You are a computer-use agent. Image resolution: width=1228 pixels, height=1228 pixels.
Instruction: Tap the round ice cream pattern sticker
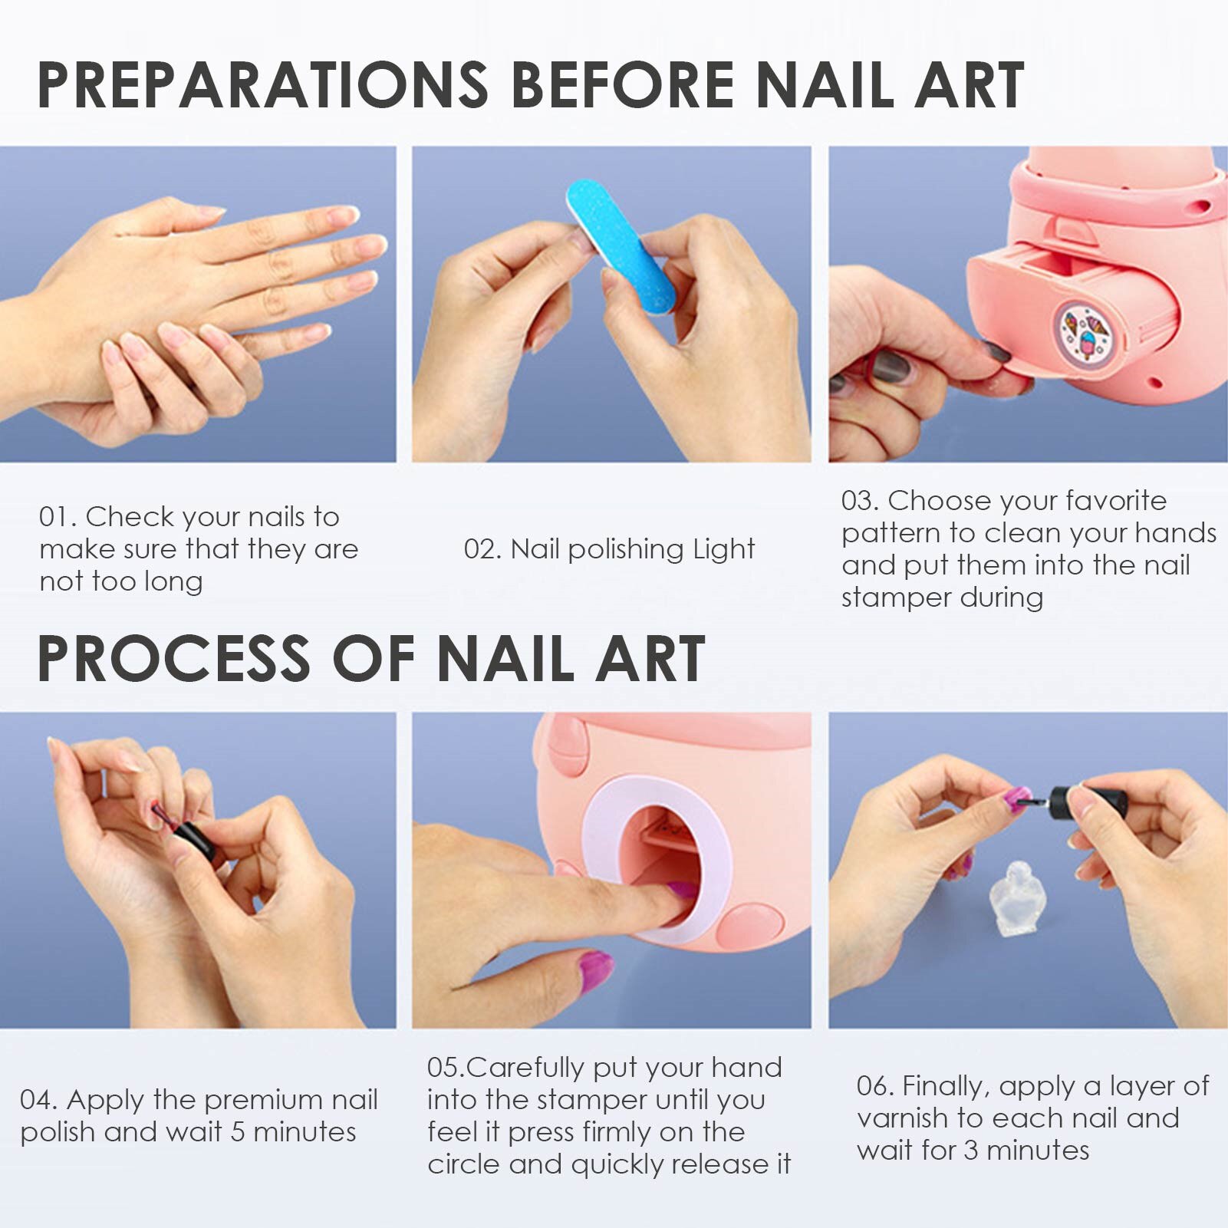point(1087,332)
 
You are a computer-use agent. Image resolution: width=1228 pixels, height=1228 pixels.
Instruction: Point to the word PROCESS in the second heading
point(173,659)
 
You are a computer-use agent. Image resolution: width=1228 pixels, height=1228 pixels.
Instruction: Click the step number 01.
point(55,517)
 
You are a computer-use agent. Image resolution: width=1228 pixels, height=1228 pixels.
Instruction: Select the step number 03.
point(859,501)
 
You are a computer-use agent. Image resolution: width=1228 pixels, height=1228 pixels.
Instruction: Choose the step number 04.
point(38,1100)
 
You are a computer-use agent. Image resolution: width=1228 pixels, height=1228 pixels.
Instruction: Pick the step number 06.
point(874,1086)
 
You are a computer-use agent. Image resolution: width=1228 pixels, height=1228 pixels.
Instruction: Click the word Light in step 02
point(723,549)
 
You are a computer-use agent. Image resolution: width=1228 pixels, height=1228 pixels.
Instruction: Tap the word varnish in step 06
point(902,1118)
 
